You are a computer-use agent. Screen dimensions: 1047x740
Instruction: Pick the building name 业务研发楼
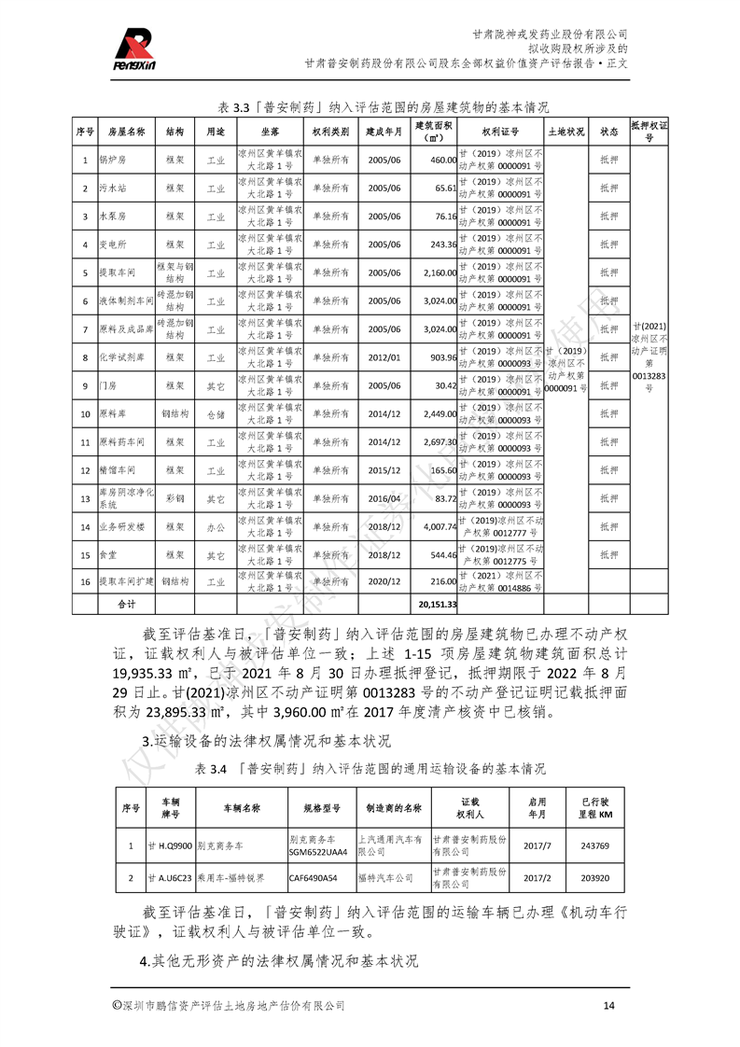coord(122,526)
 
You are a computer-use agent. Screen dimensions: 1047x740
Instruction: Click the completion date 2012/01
coord(384,356)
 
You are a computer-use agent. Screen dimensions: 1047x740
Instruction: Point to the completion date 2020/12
coord(384,580)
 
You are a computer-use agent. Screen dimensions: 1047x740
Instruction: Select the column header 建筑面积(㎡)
coord(433,131)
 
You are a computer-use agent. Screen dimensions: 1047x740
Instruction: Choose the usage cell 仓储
coord(216,413)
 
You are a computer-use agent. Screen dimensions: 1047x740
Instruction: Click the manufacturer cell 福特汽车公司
coord(384,878)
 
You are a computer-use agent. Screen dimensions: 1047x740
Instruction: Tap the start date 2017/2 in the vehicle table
coord(538,878)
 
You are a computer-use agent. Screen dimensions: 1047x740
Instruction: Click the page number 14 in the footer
coord(609,1005)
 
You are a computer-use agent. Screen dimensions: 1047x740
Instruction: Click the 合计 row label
coord(125,604)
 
